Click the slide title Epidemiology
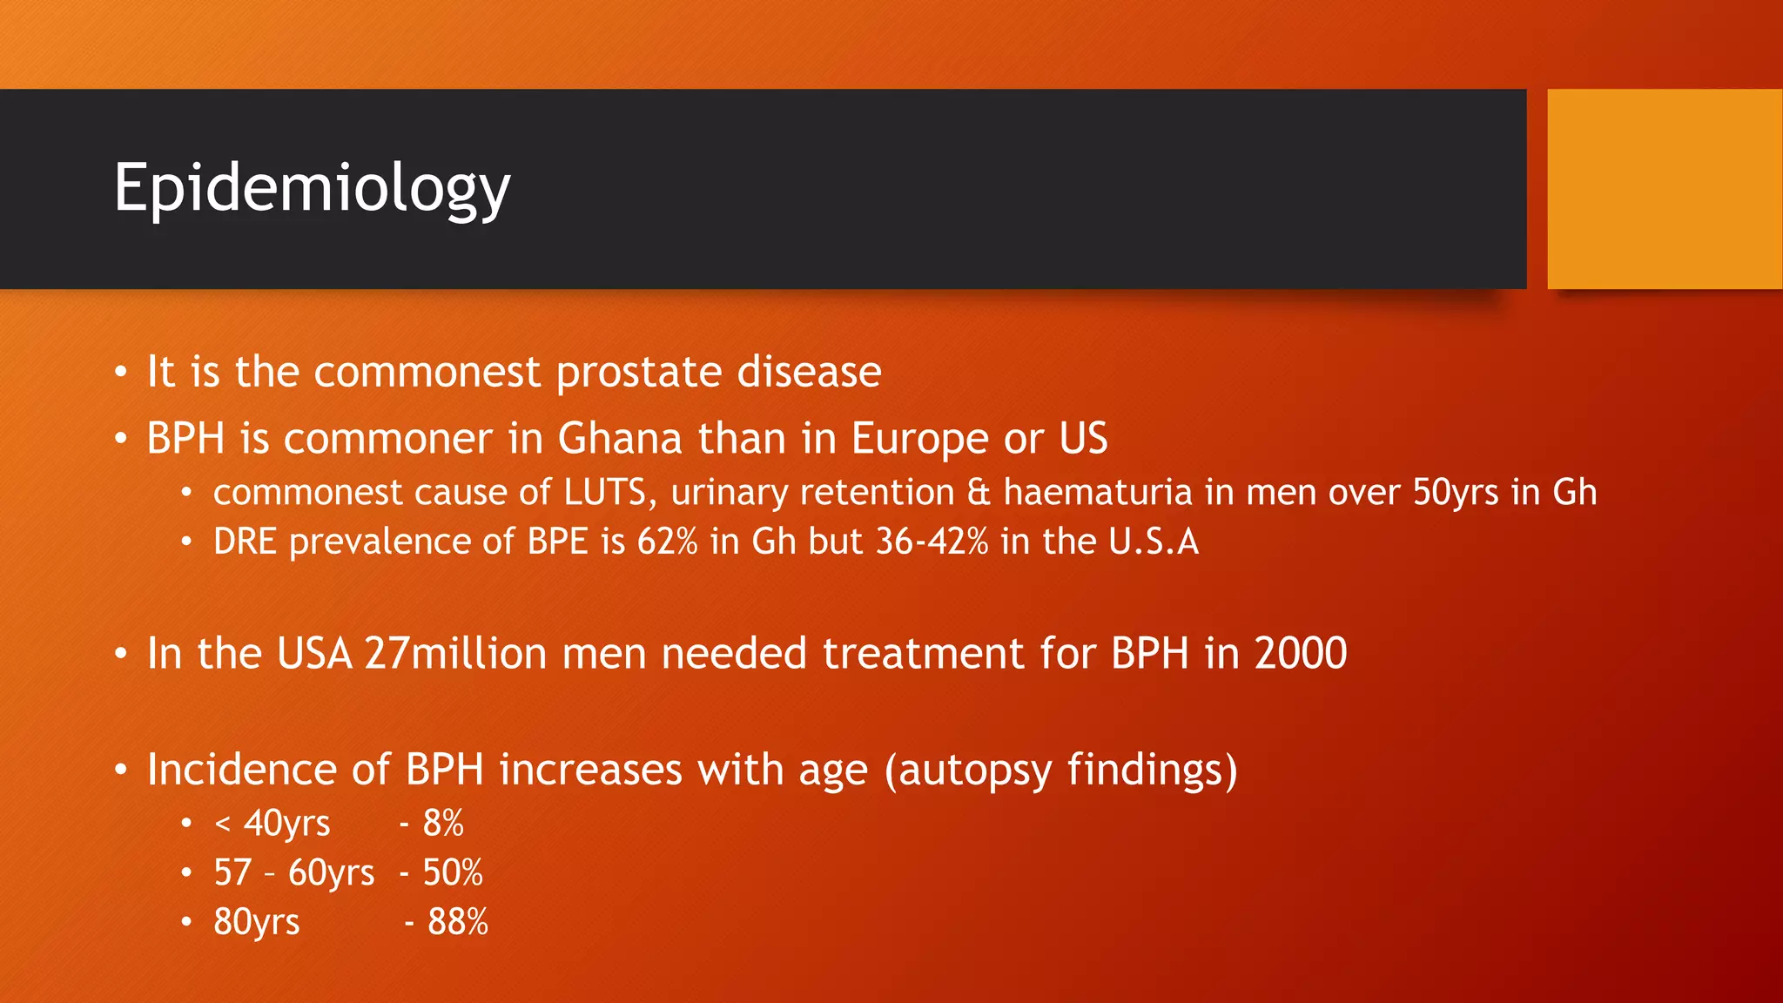pos(312,188)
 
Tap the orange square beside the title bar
pos(1665,189)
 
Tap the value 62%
pos(667,542)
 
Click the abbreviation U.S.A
pos(1154,542)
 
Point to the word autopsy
pos(975,771)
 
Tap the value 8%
pos(443,823)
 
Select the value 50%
pos(453,872)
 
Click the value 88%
pos(458,922)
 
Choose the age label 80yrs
pos(256,922)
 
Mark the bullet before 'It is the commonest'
pos(121,373)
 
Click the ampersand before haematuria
pos(979,493)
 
